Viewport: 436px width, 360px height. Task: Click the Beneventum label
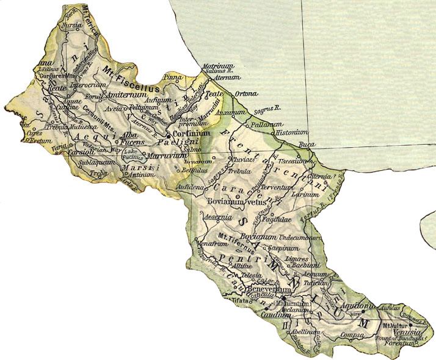pyautogui.click(x=265, y=287)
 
